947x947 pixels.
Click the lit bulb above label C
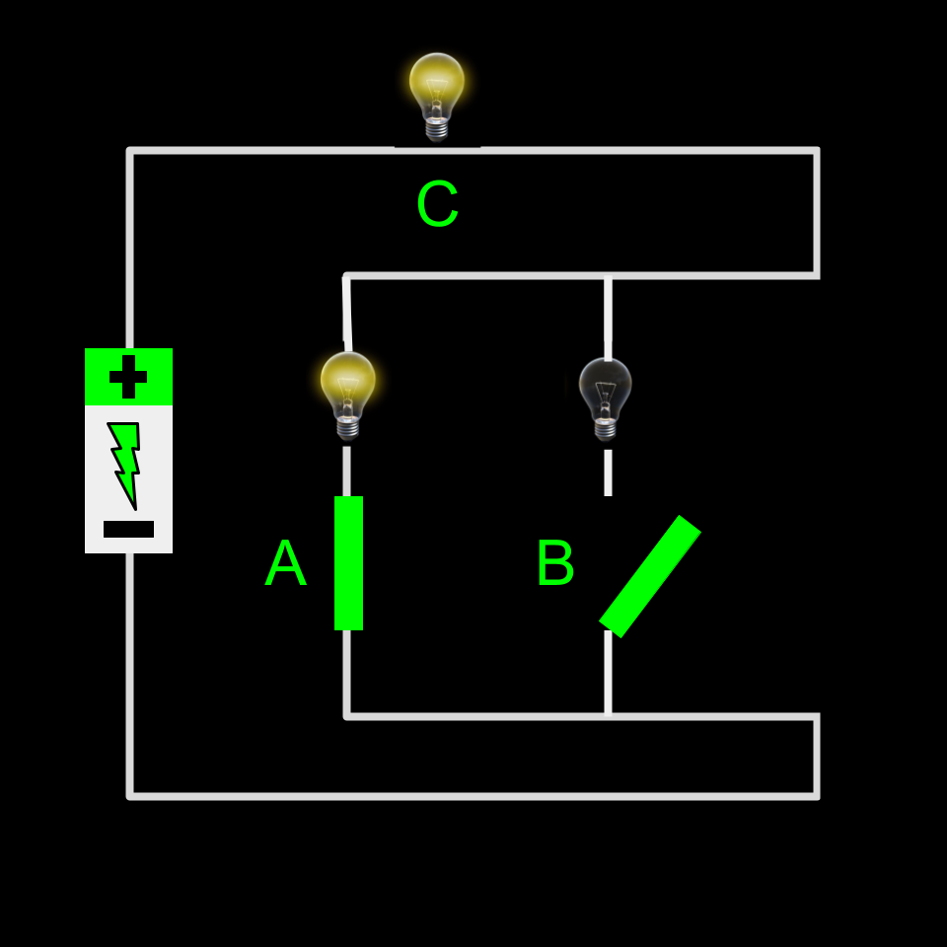tap(437, 87)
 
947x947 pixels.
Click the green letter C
tap(437, 205)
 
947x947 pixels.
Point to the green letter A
tap(285, 565)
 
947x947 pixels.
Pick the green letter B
tap(554, 565)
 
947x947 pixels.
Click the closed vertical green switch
tap(348, 563)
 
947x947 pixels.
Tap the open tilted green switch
tap(650, 576)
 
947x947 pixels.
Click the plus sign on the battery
tap(128, 377)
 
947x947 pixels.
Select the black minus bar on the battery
tap(128, 530)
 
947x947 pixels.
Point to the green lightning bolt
tap(124, 462)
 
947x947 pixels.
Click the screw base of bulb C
tap(437, 129)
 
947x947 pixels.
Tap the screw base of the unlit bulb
tap(606, 429)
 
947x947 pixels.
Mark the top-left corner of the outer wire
tap(130, 151)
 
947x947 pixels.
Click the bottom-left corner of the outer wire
tap(130, 795)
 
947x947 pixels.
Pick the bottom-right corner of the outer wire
tap(817, 795)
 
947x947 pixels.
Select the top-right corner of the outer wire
tap(817, 151)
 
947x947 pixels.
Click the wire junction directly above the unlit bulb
tap(608, 276)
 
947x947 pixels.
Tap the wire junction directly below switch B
tap(608, 716)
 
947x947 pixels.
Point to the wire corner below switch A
tap(347, 716)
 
